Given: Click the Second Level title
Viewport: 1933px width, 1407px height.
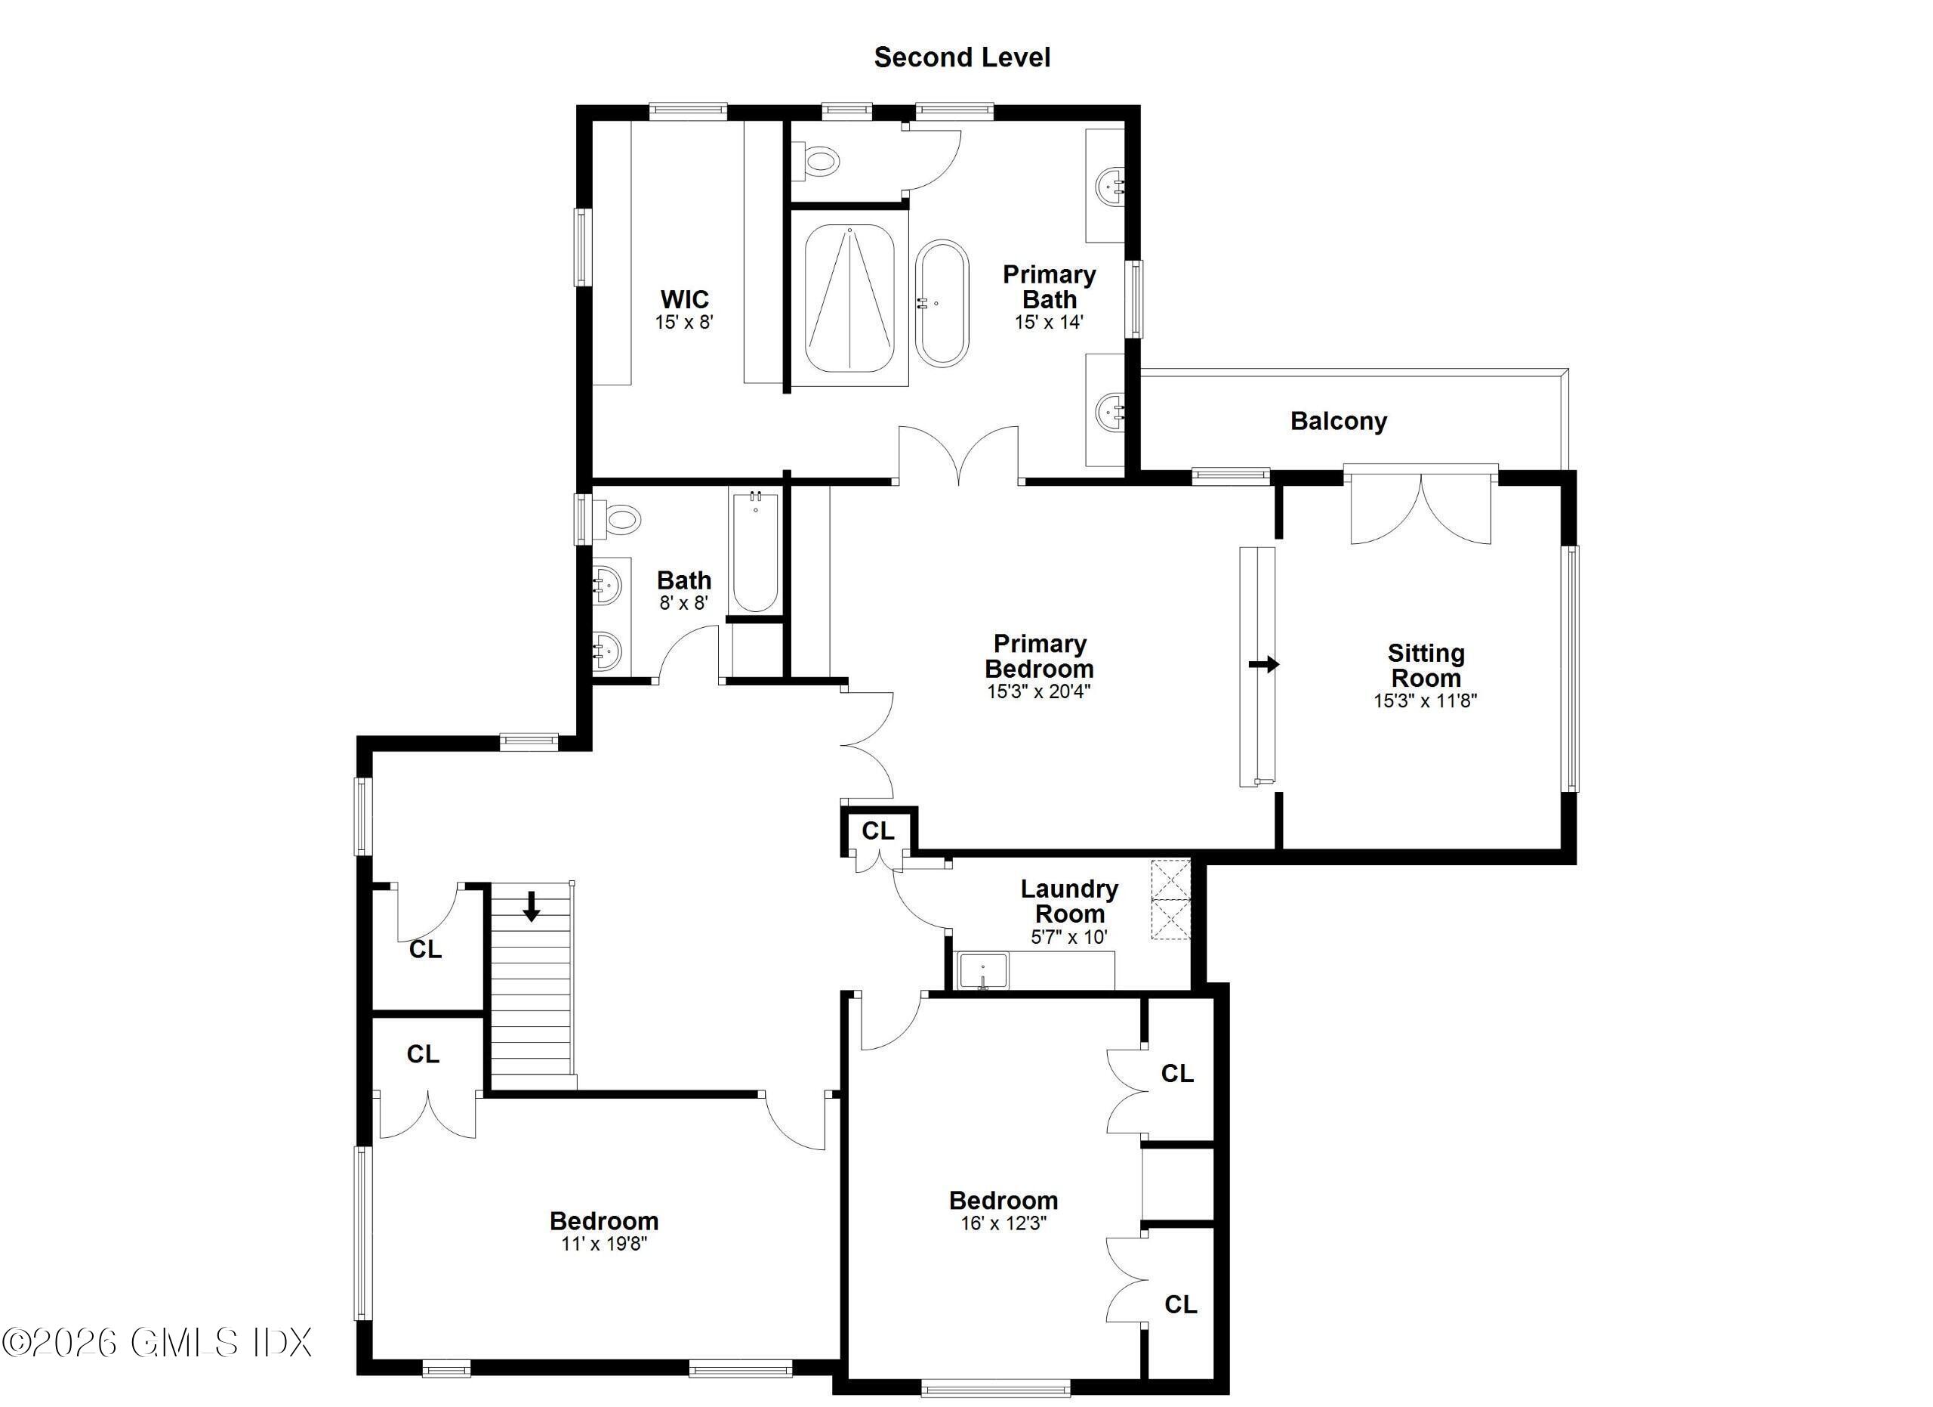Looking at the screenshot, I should [961, 57].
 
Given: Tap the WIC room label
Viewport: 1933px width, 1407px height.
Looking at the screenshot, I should [684, 299].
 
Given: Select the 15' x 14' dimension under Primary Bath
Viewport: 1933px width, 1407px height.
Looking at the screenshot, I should [1048, 323].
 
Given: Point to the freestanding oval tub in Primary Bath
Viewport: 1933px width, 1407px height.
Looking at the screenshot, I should [942, 303].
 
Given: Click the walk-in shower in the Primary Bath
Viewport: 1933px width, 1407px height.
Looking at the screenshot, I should [849, 298].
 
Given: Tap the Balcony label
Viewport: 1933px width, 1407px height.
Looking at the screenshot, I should [1338, 420].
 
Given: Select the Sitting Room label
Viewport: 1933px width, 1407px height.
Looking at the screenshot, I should [1425, 665].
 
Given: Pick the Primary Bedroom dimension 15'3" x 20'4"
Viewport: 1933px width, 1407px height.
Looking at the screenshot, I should [1038, 691].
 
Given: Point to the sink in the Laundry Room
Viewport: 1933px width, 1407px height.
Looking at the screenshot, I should [982, 970].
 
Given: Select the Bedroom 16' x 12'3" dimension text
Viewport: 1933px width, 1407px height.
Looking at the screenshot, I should [1003, 1223].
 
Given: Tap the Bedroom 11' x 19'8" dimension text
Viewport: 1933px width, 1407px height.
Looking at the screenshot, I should [603, 1243].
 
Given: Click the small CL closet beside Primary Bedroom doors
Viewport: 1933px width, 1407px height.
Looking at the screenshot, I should [878, 830].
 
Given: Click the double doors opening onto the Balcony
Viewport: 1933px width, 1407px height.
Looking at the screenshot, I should [1421, 507].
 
